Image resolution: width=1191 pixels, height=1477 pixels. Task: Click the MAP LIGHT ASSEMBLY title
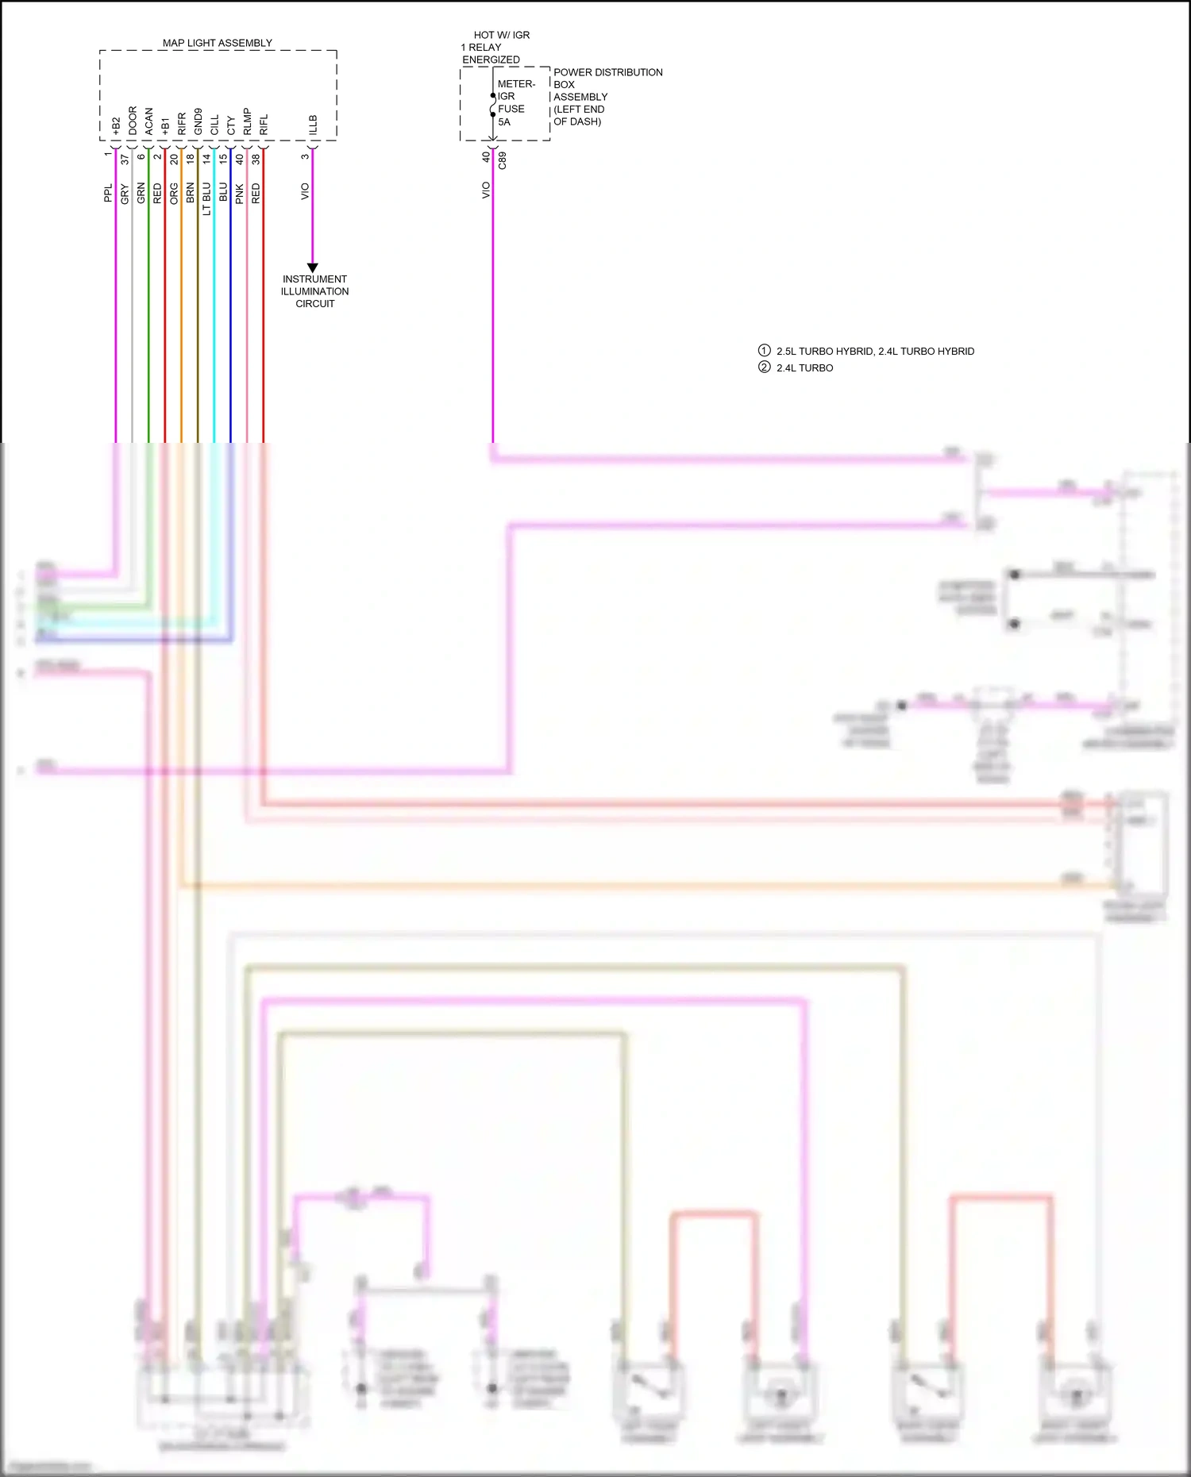(217, 43)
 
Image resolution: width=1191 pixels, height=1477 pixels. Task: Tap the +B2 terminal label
(116, 125)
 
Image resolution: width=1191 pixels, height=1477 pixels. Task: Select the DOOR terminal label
(133, 120)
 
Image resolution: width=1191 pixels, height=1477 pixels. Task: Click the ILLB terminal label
(313, 125)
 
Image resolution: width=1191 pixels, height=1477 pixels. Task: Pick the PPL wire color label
(108, 193)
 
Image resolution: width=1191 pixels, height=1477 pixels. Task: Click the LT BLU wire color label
(206, 198)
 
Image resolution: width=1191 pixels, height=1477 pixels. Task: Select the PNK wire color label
(239, 194)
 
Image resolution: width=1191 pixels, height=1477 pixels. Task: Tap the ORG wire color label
(174, 194)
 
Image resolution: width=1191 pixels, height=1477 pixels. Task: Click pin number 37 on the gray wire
(125, 159)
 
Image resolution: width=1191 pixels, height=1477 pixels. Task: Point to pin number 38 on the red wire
(256, 159)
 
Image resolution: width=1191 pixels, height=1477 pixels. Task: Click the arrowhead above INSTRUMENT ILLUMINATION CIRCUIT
(312, 267)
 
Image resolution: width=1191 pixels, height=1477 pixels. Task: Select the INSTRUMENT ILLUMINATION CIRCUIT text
(314, 291)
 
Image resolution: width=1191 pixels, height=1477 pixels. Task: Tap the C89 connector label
(502, 160)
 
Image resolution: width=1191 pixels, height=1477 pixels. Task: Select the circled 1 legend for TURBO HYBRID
(764, 350)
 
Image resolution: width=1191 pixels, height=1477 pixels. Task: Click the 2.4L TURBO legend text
(804, 367)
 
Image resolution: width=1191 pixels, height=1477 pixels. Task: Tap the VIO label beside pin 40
(486, 190)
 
